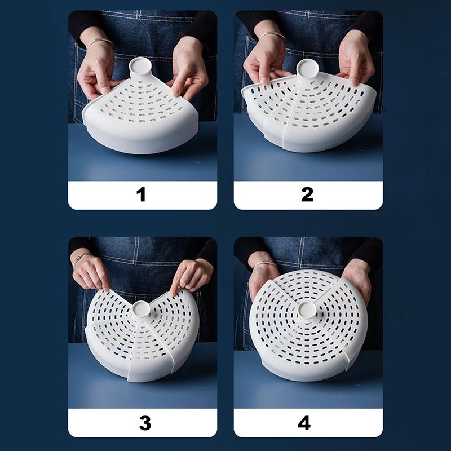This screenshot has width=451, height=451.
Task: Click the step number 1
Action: (x=141, y=194)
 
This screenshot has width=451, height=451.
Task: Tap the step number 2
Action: (x=307, y=194)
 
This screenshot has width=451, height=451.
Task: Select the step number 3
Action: (x=145, y=423)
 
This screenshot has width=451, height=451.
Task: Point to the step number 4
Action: (x=304, y=423)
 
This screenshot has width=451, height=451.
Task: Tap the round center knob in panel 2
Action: (x=307, y=69)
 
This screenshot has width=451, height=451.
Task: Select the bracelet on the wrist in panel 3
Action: (x=79, y=259)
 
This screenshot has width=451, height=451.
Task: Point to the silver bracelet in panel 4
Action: (x=264, y=263)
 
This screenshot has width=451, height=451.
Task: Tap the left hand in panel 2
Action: (x=264, y=60)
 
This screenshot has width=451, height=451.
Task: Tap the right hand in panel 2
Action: (x=356, y=59)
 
